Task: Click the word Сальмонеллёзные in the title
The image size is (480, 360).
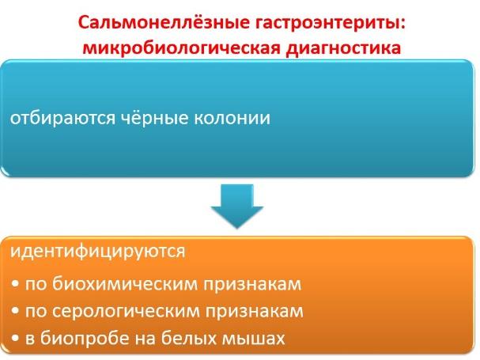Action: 164,22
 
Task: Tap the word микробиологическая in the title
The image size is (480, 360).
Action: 182,47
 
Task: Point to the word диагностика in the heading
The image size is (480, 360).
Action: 343,48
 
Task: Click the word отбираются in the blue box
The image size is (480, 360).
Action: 62,118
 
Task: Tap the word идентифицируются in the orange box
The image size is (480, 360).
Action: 97,252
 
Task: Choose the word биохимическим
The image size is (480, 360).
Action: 125,284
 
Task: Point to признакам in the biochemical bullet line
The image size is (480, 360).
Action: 252,285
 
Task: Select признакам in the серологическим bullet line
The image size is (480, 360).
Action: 255,312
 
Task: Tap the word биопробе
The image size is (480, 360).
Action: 85,339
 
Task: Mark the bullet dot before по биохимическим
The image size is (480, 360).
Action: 15,285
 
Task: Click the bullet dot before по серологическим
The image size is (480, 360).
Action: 15,312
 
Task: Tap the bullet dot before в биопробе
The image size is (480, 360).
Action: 15,339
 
